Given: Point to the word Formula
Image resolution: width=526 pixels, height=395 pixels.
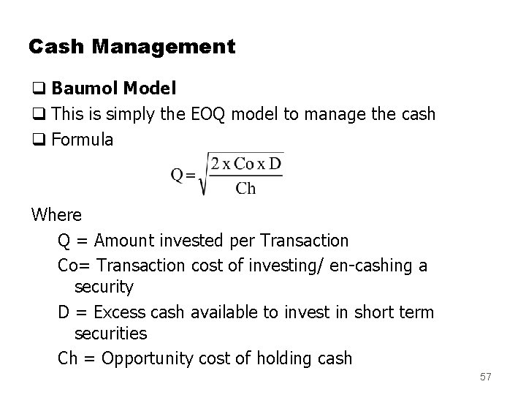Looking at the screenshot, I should coord(83,139).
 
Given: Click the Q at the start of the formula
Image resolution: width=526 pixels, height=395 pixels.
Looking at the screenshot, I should coord(178,175).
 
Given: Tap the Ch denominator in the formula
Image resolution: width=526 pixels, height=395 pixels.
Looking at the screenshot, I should coord(245,189).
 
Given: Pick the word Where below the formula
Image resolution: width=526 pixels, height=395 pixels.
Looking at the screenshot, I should coord(56,215).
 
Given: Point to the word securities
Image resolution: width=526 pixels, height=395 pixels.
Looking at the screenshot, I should coord(110,334).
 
